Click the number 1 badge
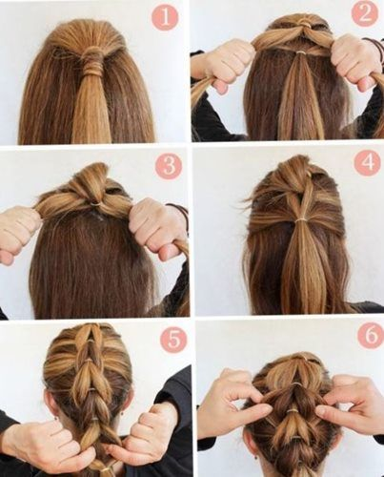(x=165, y=16)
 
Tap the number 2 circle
(x=365, y=14)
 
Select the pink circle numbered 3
(x=169, y=166)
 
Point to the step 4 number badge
(x=367, y=163)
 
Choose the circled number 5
(x=173, y=340)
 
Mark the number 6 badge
(x=371, y=335)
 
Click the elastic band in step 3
(x=94, y=203)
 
